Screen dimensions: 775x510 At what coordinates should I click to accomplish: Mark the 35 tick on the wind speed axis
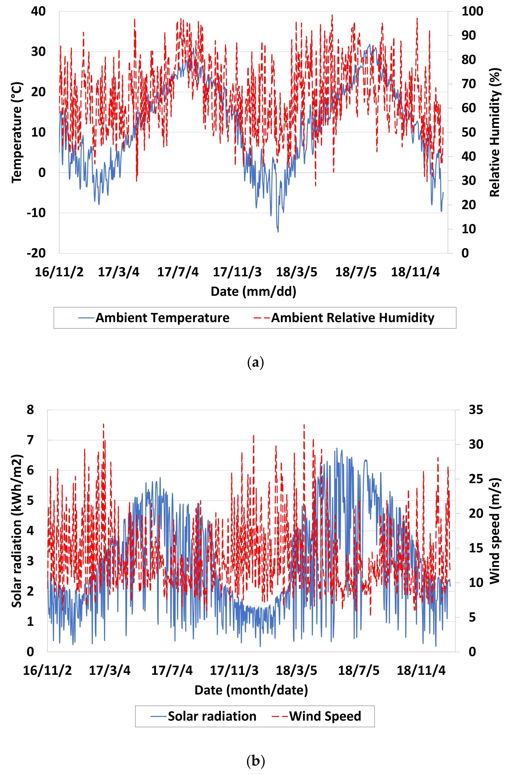[476, 410]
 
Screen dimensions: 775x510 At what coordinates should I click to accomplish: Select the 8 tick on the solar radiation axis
[30, 410]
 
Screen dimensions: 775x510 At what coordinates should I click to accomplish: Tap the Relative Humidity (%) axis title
[495, 132]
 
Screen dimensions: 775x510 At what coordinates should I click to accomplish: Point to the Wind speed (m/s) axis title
[495, 531]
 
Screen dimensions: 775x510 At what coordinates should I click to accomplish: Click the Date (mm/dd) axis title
[253, 291]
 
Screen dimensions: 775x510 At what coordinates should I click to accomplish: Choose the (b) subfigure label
[255, 761]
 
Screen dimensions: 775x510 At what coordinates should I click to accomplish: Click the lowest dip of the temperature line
[278, 232]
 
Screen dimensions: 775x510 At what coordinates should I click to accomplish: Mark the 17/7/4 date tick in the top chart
[178, 272]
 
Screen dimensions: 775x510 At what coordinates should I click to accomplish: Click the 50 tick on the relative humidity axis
[469, 132]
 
